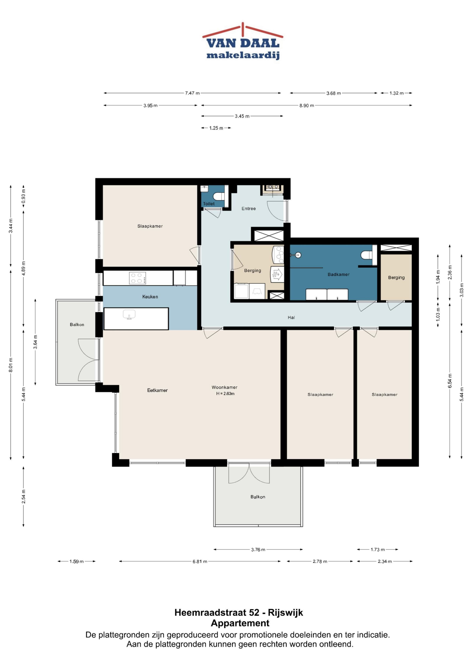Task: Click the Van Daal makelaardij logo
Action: coord(243,41)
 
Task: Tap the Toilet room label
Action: coord(209,204)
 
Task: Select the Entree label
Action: coord(249,209)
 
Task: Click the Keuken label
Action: coord(150,297)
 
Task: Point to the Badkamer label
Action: coord(338,274)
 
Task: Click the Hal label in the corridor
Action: coord(291,317)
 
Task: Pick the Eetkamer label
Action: coord(157,390)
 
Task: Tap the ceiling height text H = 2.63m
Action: coord(225,394)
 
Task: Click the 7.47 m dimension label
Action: coord(193,93)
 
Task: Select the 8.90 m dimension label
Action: coord(307,105)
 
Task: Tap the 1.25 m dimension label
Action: coord(216,128)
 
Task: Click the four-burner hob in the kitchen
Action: coord(137,278)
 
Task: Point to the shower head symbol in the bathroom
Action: coord(298,255)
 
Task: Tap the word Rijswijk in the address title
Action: coord(285,612)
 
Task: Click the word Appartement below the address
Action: coord(240,623)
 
